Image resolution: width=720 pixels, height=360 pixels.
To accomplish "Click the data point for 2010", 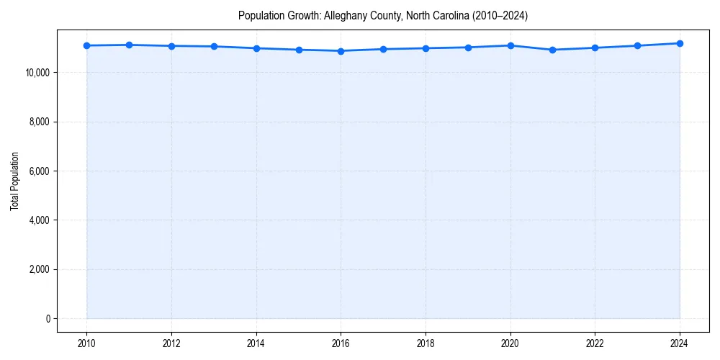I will tap(86, 45).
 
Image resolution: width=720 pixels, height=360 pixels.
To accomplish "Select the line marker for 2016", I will tap(341, 51).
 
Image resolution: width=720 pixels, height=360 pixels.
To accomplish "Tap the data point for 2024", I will tap(680, 43).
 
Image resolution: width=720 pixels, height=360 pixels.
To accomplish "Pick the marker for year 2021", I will tap(552, 50).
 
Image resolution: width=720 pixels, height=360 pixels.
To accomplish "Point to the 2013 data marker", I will tap(214, 47).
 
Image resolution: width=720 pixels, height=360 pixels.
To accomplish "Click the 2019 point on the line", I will tap(468, 48).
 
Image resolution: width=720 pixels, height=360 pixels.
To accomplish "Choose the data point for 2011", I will tap(129, 45).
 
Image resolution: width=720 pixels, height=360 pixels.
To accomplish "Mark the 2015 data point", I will tap(299, 50).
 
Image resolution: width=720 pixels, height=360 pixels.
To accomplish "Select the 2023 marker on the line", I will tap(637, 45).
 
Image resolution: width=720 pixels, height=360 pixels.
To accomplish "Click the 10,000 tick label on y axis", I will tap(37, 73).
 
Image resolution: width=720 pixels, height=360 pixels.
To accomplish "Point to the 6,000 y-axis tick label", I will tap(39, 171).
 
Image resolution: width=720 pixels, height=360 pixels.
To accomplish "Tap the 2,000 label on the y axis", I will tap(39, 269).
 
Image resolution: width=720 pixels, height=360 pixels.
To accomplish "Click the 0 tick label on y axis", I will tap(48, 318).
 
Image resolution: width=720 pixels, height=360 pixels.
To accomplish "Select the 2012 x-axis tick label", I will tap(171, 343).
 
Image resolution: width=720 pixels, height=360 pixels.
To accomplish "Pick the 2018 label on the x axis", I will tap(426, 343).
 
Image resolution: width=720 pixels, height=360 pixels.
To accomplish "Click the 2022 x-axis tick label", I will tap(595, 343).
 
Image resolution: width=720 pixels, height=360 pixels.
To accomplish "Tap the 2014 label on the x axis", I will tap(256, 343).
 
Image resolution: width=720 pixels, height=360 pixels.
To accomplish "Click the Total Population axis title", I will tap(14, 181).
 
